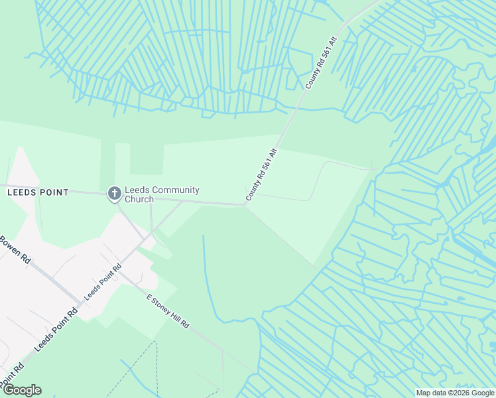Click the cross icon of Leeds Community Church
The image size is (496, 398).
[x=114, y=193]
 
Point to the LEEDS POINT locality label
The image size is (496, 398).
[x=38, y=192]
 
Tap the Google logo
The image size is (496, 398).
[x=22, y=390]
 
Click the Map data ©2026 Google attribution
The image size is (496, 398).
[x=455, y=393]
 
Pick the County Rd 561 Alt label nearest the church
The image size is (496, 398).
[x=261, y=175]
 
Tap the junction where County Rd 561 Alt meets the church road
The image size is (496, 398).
[x=245, y=205]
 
